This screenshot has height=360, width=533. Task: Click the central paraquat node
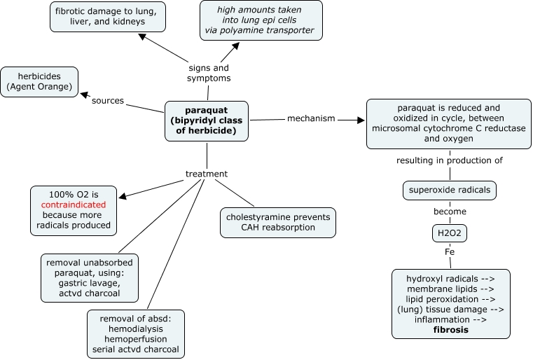tap(207, 121)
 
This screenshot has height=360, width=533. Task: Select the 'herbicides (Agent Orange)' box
tap(39, 83)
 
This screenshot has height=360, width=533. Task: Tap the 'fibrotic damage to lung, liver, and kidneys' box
tap(107, 16)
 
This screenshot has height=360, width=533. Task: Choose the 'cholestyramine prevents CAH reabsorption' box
tap(277, 223)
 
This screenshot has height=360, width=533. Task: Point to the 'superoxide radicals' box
tap(450, 189)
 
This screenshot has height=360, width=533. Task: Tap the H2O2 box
tap(449, 233)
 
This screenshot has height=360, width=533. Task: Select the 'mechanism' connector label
tap(311, 118)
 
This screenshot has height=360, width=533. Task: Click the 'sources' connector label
tap(107, 101)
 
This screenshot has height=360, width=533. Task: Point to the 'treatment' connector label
tap(207, 173)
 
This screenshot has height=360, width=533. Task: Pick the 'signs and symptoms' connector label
tap(209, 73)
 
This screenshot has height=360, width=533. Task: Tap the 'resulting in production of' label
tap(449, 161)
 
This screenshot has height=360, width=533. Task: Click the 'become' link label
tap(449, 211)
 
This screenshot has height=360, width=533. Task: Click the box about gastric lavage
tap(90, 277)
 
